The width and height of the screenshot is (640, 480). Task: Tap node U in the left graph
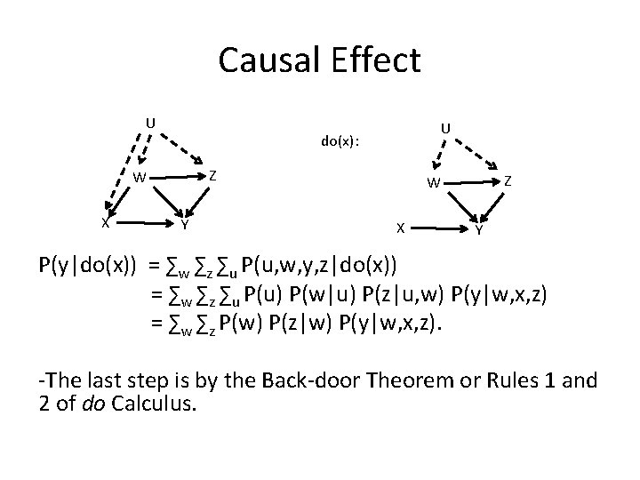click(150, 122)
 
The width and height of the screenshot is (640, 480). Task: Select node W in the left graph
click(140, 177)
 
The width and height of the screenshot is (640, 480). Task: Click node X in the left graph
click(105, 222)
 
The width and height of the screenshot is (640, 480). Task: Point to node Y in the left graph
click(184, 223)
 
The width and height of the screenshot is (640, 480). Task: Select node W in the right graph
click(432, 184)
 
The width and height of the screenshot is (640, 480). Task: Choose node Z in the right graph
click(508, 180)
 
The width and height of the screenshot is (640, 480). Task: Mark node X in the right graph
click(400, 228)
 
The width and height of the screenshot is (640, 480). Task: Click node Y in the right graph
click(479, 230)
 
